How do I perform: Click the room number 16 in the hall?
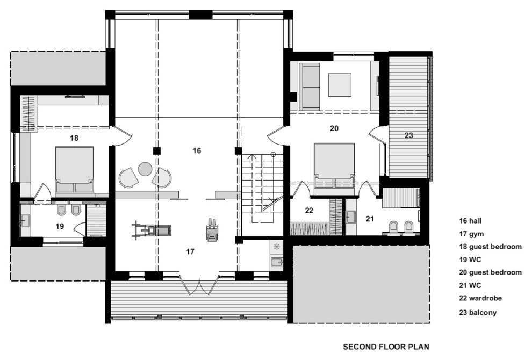[x=197, y=150]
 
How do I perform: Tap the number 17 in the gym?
[x=190, y=251]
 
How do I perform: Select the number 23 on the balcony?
[x=409, y=135]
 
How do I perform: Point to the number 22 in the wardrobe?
[x=309, y=211]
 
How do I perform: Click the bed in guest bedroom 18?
[x=74, y=170]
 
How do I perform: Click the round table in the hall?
[x=145, y=169]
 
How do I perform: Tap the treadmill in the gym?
[x=152, y=230]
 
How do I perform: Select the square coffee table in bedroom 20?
[x=340, y=85]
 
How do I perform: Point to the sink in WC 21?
[x=351, y=217]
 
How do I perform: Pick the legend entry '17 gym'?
[x=471, y=234]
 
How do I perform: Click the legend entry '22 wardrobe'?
[x=480, y=298]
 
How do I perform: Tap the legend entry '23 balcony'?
[x=478, y=313]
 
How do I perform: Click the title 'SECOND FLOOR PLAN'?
[x=386, y=347]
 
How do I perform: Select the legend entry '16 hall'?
[x=470, y=221]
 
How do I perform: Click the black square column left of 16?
[x=156, y=150]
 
